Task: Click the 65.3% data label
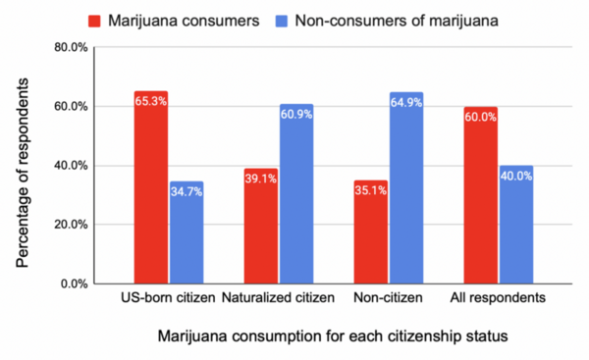click(151, 100)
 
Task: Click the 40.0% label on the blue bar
click(516, 176)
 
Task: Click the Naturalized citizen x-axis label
click(278, 297)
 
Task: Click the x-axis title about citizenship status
click(332, 337)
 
